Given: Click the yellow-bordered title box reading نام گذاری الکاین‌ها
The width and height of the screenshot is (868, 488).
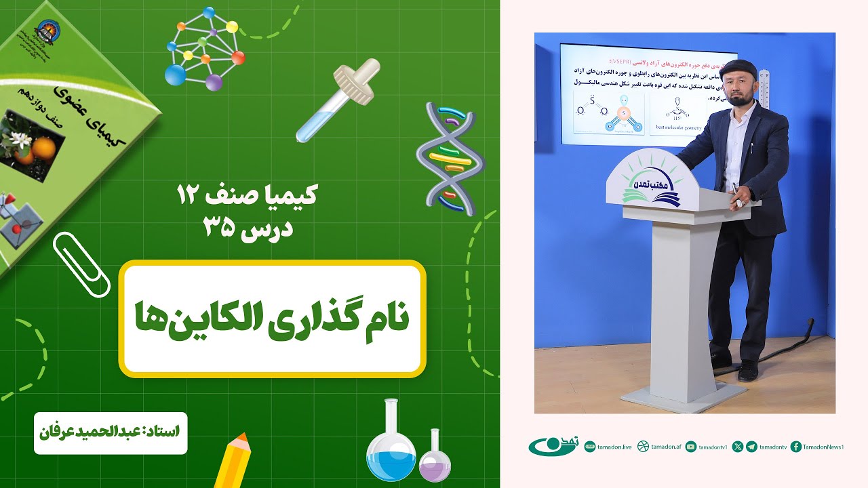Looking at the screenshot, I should coord(272,319).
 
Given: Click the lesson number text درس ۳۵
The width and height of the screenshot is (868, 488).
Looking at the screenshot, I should coord(248,228).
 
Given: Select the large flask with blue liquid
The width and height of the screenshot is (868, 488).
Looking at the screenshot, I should coord(391,443).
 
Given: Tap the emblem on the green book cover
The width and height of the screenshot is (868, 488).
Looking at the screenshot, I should coord(47,30).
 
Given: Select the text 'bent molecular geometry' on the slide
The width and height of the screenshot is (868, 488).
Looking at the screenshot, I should coord(678,126).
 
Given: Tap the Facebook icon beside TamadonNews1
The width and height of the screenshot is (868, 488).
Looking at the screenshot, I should coord(796,447).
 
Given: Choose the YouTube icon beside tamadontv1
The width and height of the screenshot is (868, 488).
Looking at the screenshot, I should coord(690,447).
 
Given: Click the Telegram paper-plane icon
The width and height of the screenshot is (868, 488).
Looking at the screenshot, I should coord(751,447).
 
